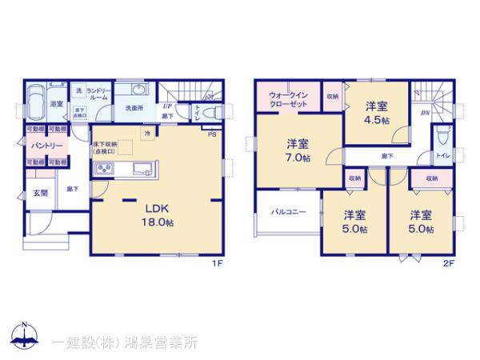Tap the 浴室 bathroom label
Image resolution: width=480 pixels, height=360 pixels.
coord(57,103)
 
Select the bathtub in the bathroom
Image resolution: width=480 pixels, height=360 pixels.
coord(35,105)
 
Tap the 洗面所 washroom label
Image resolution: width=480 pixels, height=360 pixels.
coord(134,106)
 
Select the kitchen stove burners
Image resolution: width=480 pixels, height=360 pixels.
coord(105,169)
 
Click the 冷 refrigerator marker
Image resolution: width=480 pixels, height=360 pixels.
coord(147,134)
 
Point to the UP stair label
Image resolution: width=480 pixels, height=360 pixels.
coord(168,106)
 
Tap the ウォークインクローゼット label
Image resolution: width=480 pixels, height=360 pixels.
coord(286,101)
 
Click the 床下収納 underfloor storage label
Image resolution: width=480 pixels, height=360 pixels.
coord(106,147)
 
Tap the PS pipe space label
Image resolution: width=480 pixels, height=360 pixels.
coord(211,134)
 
